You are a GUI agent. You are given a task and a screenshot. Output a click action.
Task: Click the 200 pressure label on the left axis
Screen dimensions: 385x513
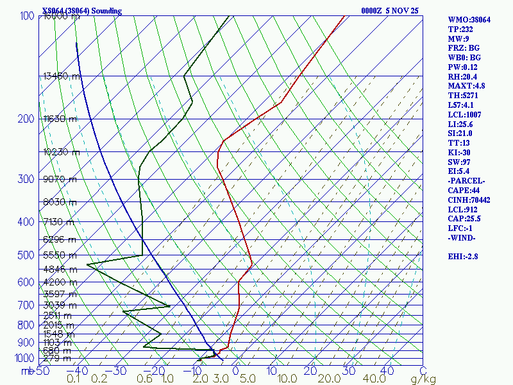click(x=25, y=119)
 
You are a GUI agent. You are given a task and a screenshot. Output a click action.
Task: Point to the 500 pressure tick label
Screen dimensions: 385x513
click(x=25, y=255)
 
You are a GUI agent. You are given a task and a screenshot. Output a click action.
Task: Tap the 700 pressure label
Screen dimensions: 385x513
click(x=25, y=305)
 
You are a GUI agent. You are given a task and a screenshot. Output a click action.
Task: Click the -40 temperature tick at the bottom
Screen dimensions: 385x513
click(x=80, y=370)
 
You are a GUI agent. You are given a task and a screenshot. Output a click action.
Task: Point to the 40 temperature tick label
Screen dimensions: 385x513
click(x=387, y=370)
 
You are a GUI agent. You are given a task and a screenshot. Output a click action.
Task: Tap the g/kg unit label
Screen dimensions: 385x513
click(x=423, y=379)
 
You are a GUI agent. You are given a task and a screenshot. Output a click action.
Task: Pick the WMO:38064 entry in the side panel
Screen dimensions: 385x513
click(x=469, y=20)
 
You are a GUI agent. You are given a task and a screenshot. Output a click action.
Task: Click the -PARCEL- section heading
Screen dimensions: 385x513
click(x=467, y=181)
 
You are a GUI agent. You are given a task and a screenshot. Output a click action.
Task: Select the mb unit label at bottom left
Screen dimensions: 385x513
click(x=27, y=370)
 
